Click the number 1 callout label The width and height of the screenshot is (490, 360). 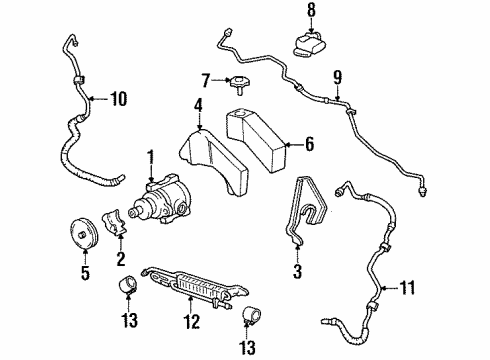pyautogui.click(x=152, y=157)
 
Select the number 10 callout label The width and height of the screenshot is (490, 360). pyautogui.click(x=119, y=98)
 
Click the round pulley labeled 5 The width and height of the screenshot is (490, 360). pyautogui.click(x=86, y=236)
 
